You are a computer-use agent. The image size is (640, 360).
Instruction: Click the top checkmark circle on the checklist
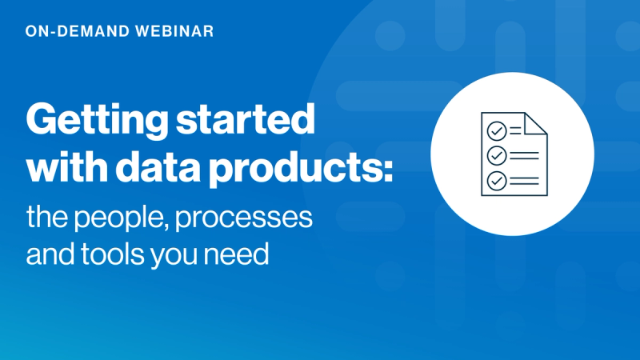(496, 129)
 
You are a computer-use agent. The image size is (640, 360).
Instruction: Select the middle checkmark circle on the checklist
(496, 154)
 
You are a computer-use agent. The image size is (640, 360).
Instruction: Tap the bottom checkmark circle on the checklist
(496, 179)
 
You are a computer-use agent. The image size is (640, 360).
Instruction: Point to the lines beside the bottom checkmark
(525, 179)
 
